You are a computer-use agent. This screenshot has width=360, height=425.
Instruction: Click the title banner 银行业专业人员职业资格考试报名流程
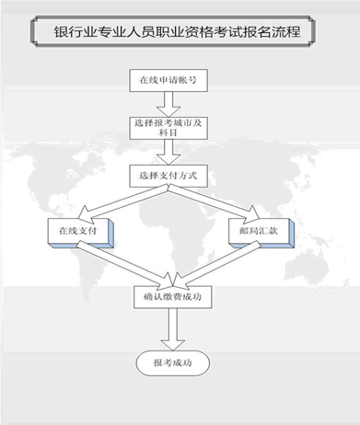click(x=180, y=32)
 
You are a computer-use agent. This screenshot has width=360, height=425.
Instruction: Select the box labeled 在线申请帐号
click(x=167, y=80)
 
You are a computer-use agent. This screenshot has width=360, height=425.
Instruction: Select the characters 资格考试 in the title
click(x=221, y=32)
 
